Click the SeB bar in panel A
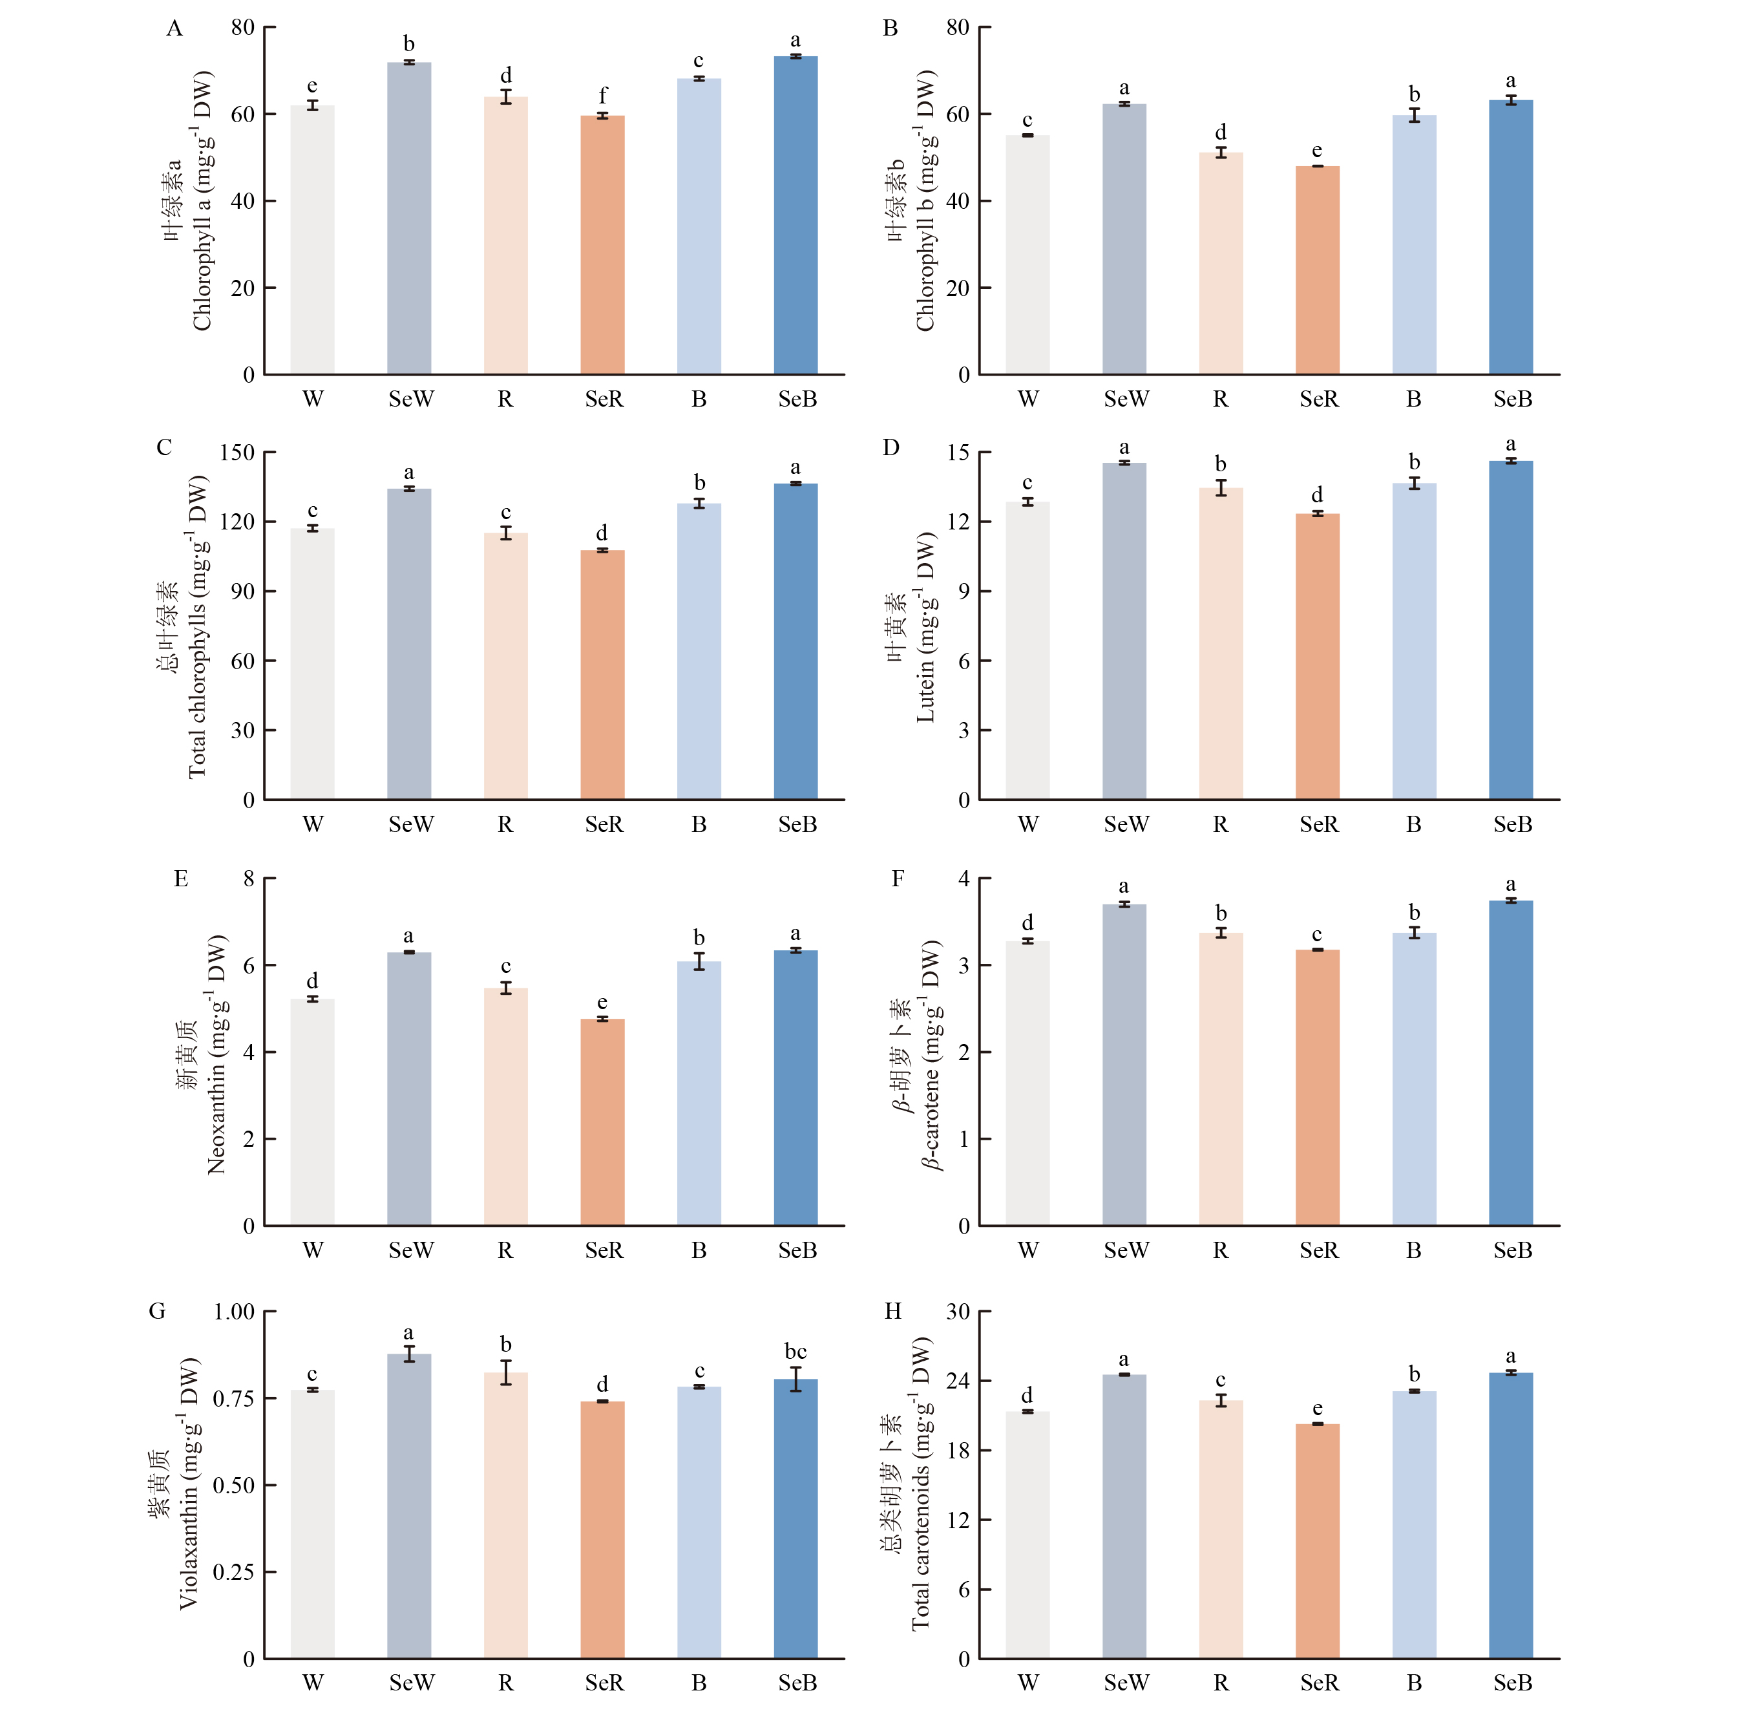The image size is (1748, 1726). click(795, 215)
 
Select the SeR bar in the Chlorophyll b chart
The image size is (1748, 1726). click(1318, 270)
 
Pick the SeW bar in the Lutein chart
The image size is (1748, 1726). click(1124, 631)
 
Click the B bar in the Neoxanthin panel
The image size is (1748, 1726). click(699, 1093)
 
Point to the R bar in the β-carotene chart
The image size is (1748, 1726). click(1221, 1079)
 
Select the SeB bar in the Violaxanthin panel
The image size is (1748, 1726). click(795, 1518)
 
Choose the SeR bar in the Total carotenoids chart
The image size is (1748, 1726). click(1318, 1541)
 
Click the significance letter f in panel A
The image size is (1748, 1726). click(602, 95)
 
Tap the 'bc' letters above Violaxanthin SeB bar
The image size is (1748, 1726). click(795, 1351)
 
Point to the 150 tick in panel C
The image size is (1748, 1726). click(237, 453)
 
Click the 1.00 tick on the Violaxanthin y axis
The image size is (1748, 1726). click(233, 1312)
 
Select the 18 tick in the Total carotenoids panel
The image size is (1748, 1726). click(958, 1450)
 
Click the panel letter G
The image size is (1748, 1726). click(158, 1312)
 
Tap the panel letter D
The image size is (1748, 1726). click(891, 447)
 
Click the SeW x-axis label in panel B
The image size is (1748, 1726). click(1126, 399)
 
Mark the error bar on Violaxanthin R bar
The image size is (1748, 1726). click(506, 1372)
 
